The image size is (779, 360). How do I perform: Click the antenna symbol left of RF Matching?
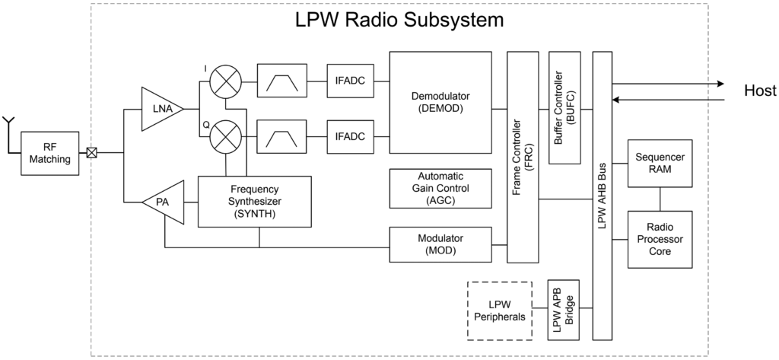pos(9,126)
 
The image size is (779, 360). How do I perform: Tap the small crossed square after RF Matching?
pos(92,152)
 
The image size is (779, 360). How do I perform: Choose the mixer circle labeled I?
pos(225,80)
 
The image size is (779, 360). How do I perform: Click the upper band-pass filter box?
pos(281,80)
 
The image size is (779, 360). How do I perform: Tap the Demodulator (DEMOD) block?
pos(440,103)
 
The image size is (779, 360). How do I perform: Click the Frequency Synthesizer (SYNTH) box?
pos(255,201)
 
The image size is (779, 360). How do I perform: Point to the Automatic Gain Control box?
pos(440,188)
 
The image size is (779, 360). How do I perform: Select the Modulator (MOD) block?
pos(440,244)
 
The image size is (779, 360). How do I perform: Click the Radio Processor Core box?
pos(660,239)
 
